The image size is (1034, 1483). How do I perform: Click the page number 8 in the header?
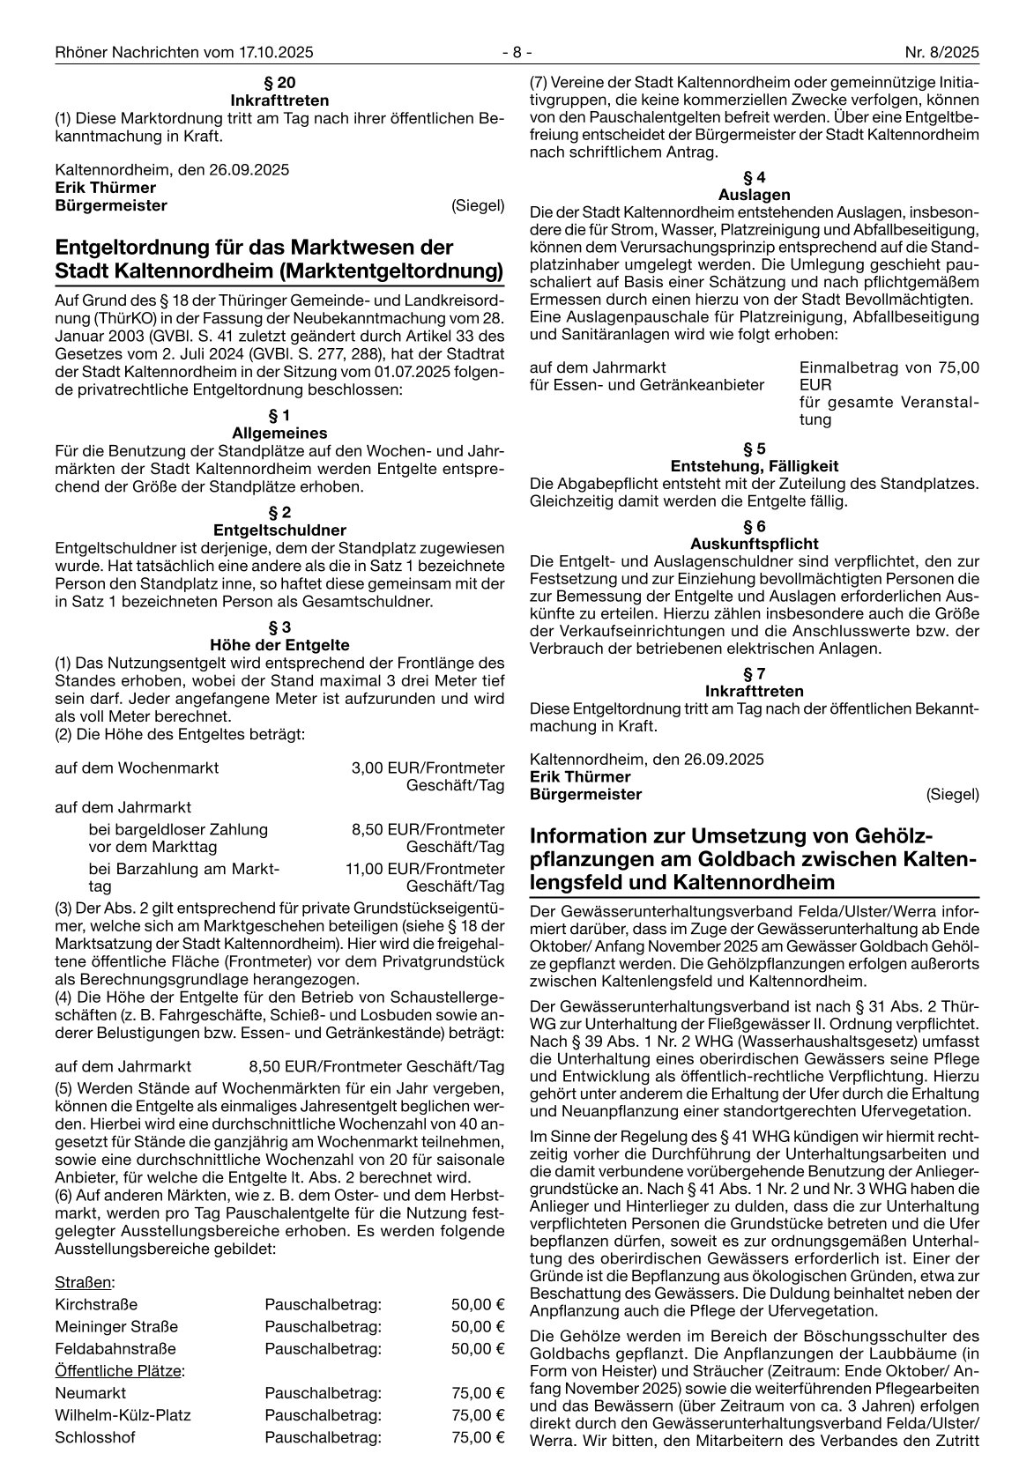tap(517, 52)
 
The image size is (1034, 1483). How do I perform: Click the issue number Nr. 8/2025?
tap(942, 52)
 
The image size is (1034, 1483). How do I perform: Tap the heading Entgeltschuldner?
tap(279, 530)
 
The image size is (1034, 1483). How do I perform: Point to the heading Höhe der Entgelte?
tap(279, 644)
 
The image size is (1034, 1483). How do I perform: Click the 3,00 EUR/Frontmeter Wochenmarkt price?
tap(428, 767)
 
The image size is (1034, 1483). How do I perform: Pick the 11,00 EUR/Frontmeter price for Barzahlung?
tap(425, 869)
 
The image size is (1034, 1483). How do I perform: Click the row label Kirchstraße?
tap(96, 1304)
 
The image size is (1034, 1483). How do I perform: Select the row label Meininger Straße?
tap(116, 1326)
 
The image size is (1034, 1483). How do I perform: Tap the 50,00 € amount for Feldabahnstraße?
tap(477, 1348)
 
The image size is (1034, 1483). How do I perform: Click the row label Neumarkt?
tap(90, 1393)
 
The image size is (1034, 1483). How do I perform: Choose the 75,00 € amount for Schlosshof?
tap(477, 1437)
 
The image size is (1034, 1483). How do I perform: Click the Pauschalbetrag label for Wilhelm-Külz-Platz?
tap(323, 1415)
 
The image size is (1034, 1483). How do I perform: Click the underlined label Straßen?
tap(85, 1282)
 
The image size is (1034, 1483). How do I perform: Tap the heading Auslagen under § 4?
tap(754, 195)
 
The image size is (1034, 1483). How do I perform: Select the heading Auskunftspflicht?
tap(754, 543)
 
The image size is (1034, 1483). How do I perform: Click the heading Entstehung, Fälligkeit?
tap(754, 465)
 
